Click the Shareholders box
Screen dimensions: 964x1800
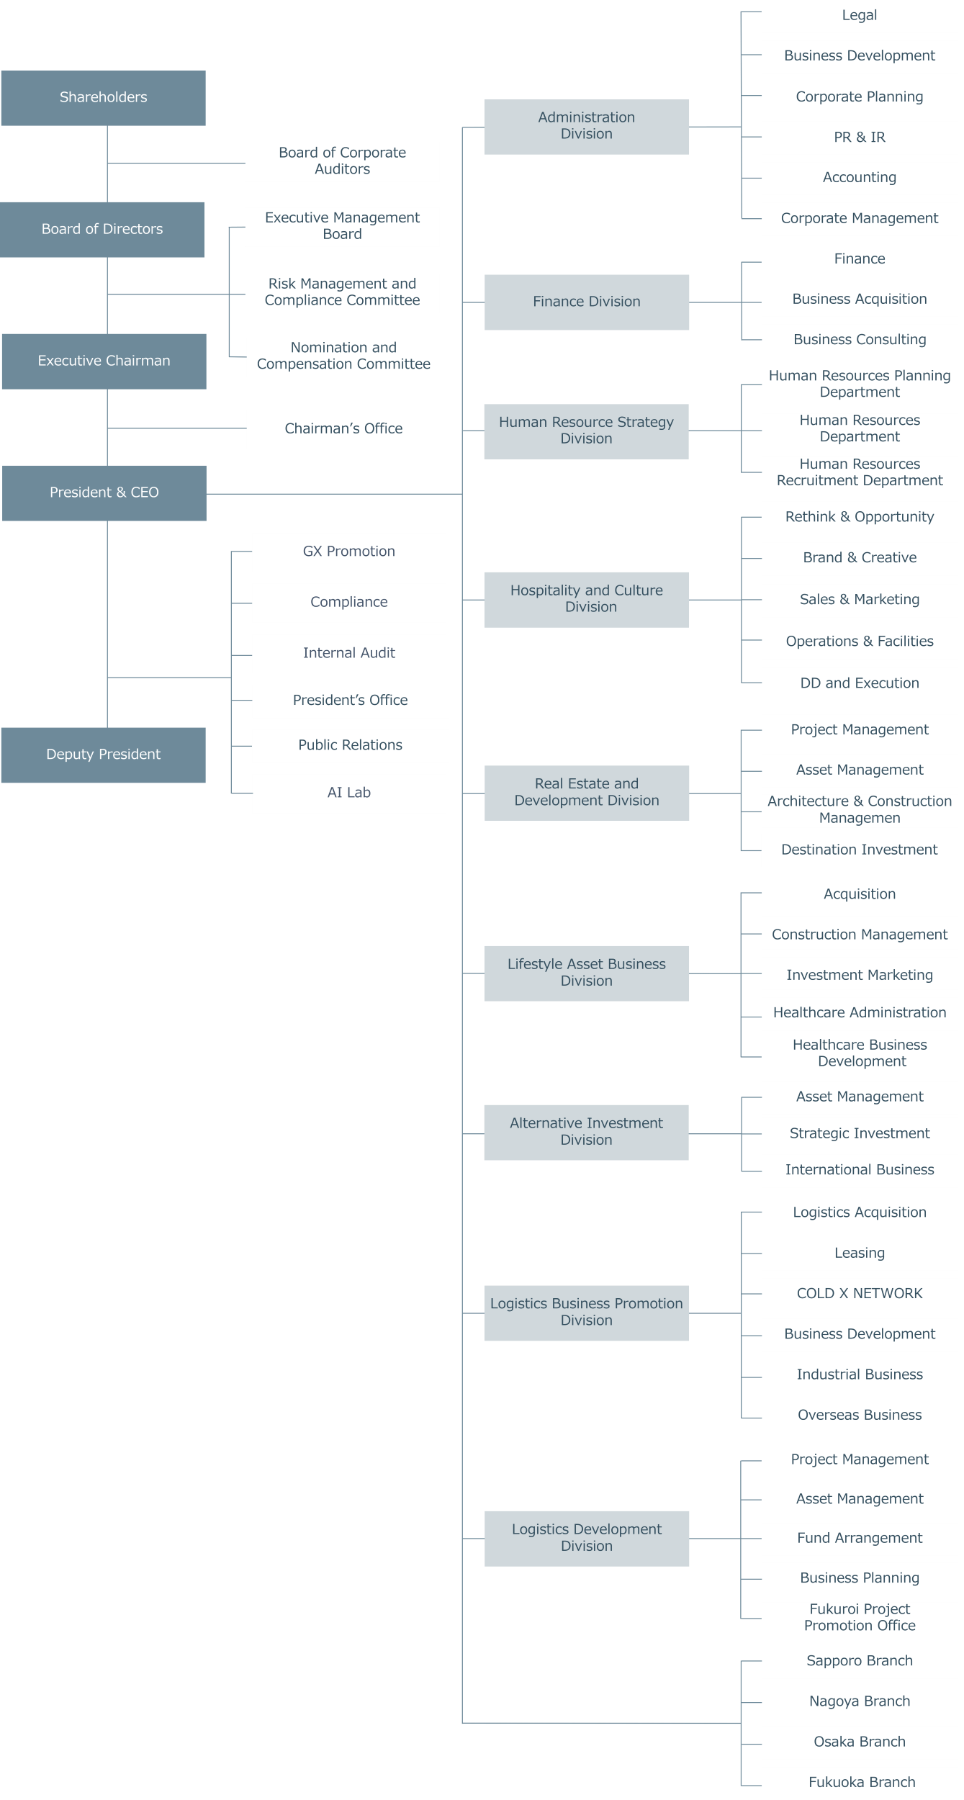point(104,98)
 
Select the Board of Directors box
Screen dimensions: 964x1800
point(102,230)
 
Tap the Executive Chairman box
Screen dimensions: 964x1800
point(104,361)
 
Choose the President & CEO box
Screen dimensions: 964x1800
point(104,493)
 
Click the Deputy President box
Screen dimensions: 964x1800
point(104,755)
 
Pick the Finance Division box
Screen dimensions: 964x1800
point(587,302)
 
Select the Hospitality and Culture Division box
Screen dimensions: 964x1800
point(587,600)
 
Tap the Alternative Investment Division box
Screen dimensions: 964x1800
point(587,1133)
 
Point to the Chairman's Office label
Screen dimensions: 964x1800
point(343,428)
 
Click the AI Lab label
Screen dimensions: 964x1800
point(349,793)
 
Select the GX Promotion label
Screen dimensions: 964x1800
point(349,552)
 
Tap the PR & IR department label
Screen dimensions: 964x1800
point(860,137)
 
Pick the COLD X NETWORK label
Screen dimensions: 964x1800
point(860,1293)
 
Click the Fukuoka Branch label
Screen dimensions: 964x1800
point(862,1782)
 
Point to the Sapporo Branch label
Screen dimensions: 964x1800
point(860,1660)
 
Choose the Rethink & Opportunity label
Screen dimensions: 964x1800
point(860,517)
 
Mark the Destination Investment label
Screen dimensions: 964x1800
point(860,850)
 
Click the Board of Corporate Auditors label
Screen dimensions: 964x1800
point(343,161)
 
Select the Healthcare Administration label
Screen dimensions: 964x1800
point(860,1012)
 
